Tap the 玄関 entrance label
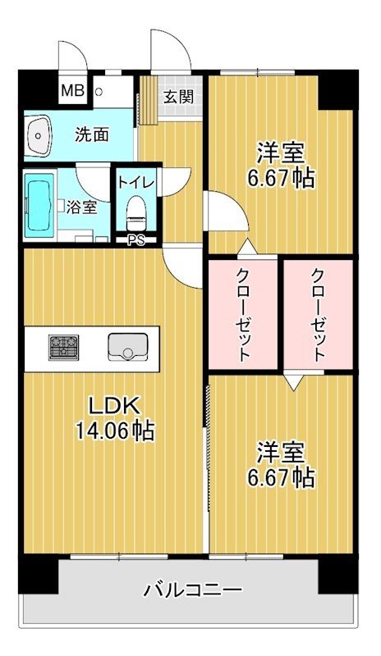coord(178,97)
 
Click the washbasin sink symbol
coord(38,136)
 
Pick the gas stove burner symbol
coord(61,348)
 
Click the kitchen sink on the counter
coord(126,348)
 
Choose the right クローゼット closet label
coord(318,315)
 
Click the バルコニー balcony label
coord(192,589)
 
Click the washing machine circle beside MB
coord(99,92)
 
